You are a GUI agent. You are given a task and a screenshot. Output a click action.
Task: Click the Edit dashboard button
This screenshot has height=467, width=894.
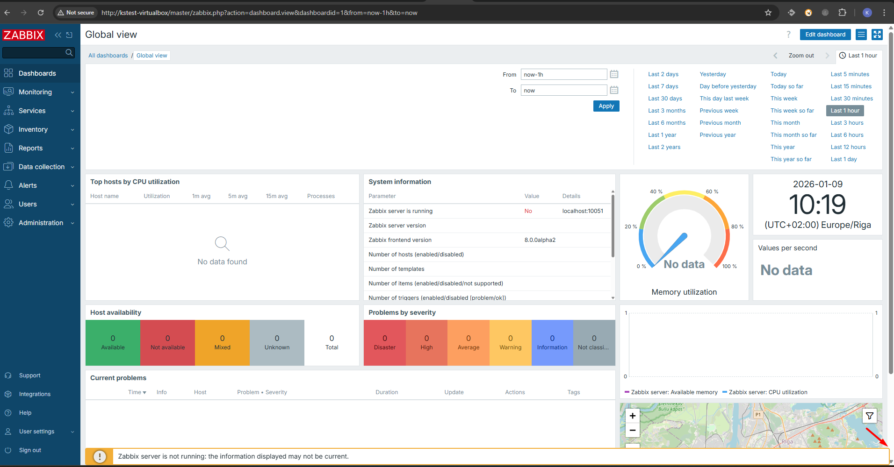pos(825,35)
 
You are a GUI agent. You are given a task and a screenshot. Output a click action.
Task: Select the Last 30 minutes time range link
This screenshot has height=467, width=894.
pos(851,99)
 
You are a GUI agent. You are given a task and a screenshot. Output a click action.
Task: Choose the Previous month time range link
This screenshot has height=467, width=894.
pos(720,123)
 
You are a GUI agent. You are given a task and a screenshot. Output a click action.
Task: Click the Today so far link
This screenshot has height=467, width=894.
pos(786,86)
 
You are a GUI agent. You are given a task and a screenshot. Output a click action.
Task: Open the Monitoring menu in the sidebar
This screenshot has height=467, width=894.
pos(36,92)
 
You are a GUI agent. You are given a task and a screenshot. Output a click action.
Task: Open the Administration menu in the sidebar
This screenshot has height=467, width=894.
pos(41,223)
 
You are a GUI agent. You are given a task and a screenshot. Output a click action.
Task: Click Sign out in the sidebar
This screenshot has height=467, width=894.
pos(30,450)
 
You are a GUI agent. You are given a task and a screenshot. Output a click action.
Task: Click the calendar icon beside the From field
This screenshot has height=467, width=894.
pos(614,74)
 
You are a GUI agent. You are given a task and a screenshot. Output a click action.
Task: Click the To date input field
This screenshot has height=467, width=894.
pos(563,90)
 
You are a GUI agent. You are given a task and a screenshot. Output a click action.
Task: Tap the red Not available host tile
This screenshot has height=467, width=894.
pos(167,342)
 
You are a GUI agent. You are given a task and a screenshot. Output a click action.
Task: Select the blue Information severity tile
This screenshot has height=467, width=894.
pos(552,342)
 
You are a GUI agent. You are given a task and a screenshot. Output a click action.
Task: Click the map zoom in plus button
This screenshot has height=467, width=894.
pos(632,416)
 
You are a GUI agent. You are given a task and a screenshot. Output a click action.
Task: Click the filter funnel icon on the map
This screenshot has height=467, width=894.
pos(869,416)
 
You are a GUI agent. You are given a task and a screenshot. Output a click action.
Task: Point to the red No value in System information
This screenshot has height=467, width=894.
pos(528,211)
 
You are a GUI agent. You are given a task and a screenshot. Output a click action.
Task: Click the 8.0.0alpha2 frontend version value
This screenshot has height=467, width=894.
pos(540,240)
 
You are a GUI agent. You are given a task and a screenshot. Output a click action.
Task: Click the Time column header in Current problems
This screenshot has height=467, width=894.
pos(137,392)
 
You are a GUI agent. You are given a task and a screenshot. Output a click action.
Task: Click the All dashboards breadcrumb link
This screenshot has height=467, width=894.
pos(108,56)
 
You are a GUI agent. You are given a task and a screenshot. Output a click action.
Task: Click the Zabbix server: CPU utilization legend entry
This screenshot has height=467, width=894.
pos(767,392)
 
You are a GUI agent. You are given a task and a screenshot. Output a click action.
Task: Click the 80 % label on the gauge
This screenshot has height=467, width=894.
pos(737,226)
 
